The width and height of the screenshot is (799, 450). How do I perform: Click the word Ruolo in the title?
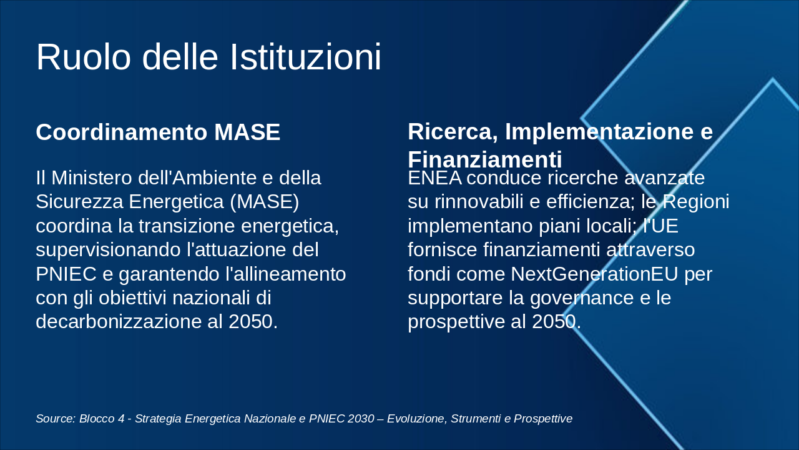(84, 57)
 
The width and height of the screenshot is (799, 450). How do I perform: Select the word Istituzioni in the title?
(306, 57)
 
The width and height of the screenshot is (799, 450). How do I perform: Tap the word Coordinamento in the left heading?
(122, 132)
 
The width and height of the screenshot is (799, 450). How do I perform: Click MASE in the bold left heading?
(247, 132)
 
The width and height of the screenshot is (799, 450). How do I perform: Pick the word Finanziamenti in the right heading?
(485, 159)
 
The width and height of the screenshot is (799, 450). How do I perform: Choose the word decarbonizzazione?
(119, 321)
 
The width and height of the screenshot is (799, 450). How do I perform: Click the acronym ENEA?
(435, 178)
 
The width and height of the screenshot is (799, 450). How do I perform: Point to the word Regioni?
(696, 202)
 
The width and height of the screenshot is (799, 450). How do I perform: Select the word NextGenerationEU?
(594, 274)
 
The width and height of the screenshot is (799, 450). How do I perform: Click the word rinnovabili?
(479, 201)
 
